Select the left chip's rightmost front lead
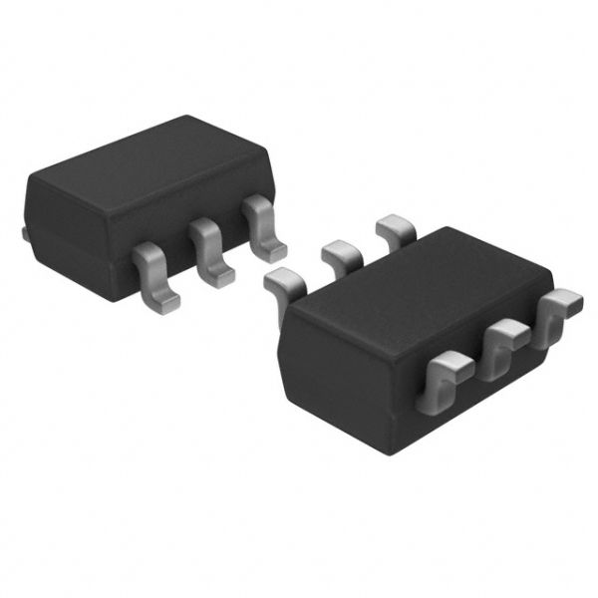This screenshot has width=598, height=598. pos(262,227)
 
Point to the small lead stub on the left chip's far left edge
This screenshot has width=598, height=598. pos(23,232)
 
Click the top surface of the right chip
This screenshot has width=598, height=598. pos(419,284)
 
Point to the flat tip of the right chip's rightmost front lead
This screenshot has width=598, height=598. pos(565,299)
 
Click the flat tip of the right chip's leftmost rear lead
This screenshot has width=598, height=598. pos(276,278)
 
